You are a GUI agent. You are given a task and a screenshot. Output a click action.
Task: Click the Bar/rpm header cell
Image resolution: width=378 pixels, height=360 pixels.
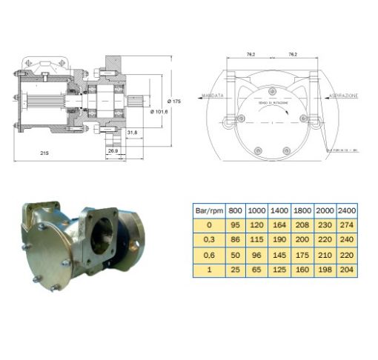tap(210, 210)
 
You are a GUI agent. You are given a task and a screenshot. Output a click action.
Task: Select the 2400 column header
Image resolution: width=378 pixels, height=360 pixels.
tap(346, 210)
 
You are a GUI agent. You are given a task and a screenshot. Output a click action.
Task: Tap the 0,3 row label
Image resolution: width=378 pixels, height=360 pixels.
tap(210, 240)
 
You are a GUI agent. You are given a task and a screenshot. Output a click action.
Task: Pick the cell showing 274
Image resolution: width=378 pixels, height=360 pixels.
tap(346, 225)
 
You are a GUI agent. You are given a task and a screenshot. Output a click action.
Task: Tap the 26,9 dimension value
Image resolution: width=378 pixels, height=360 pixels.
tap(113, 151)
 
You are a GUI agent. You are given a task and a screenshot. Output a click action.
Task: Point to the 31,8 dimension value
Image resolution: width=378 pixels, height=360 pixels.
tap(133, 133)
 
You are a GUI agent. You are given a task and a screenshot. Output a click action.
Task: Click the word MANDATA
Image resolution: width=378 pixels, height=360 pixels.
tap(213, 96)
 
